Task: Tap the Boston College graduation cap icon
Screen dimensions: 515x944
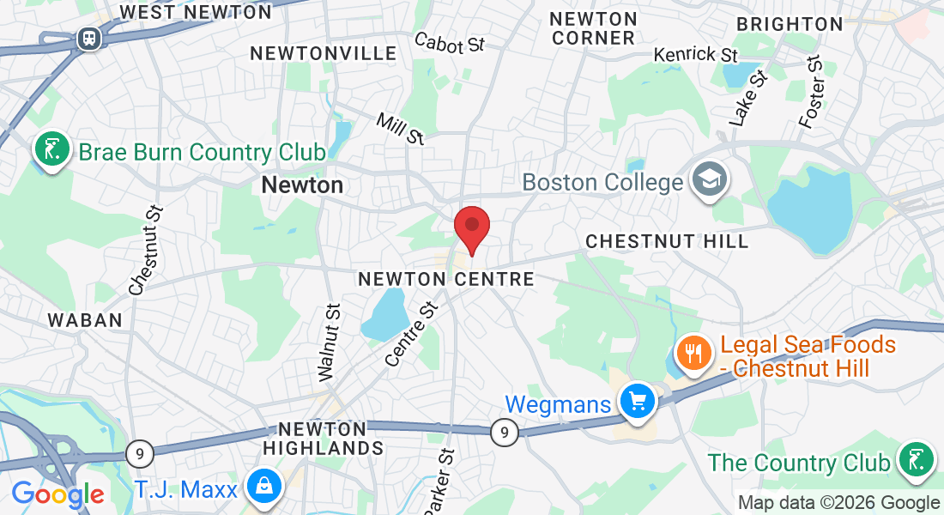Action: (x=711, y=181)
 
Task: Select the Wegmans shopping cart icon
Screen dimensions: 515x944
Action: (x=637, y=401)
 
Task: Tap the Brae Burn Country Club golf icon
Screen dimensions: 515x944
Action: (x=52, y=150)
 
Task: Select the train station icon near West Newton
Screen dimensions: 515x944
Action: (x=88, y=38)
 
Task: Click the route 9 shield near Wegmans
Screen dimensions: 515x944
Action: (x=505, y=433)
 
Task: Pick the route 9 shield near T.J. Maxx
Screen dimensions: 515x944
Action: (x=138, y=452)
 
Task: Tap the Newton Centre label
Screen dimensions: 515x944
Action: (x=446, y=279)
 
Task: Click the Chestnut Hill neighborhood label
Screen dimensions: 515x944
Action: (x=667, y=242)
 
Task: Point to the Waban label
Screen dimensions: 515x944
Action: (x=85, y=320)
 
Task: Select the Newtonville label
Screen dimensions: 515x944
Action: (x=324, y=53)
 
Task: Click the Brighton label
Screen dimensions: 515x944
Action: (x=790, y=24)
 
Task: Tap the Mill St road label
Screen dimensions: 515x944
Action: (x=400, y=128)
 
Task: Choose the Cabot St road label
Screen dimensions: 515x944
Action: (x=450, y=42)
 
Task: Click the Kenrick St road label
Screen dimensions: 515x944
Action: (x=696, y=54)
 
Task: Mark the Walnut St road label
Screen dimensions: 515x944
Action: (x=330, y=341)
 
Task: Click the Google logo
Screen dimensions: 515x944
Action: (x=57, y=494)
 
